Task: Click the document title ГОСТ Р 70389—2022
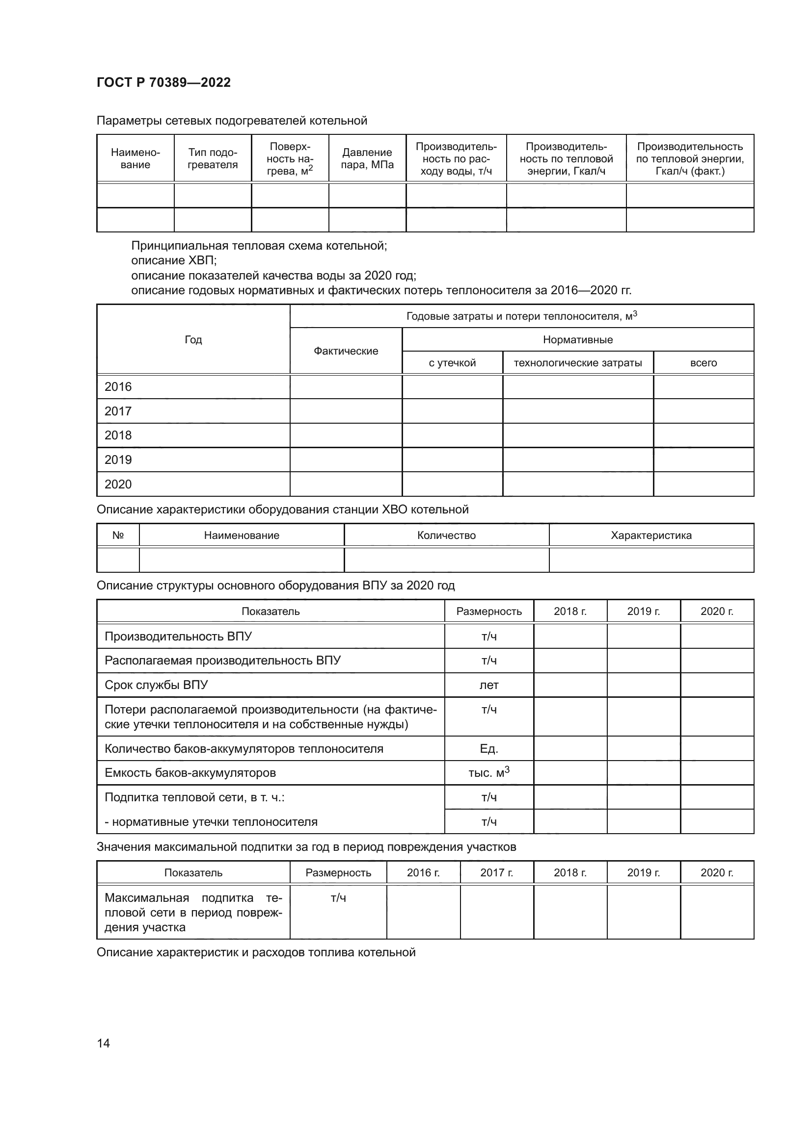click(163, 82)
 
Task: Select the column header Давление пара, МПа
click(367, 158)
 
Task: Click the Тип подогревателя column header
click(213, 158)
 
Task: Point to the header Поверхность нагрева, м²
click(290, 158)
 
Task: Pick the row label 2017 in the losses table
click(118, 411)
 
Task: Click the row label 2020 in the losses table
click(118, 484)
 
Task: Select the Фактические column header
click(346, 351)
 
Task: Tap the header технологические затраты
click(577, 363)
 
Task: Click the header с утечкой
click(452, 363)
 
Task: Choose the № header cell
click(118, 535)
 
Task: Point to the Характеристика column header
click(651, 535)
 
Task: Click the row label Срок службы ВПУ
click(156, 685)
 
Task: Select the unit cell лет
click(488, 685)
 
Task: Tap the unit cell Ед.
click(488, 748)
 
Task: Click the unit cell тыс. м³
click(488, 773)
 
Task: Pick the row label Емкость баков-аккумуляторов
click(190, 773)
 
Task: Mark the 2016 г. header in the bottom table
click(423, 872)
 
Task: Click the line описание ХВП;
click(173, 260)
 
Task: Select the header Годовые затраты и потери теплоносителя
click(521, 316)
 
